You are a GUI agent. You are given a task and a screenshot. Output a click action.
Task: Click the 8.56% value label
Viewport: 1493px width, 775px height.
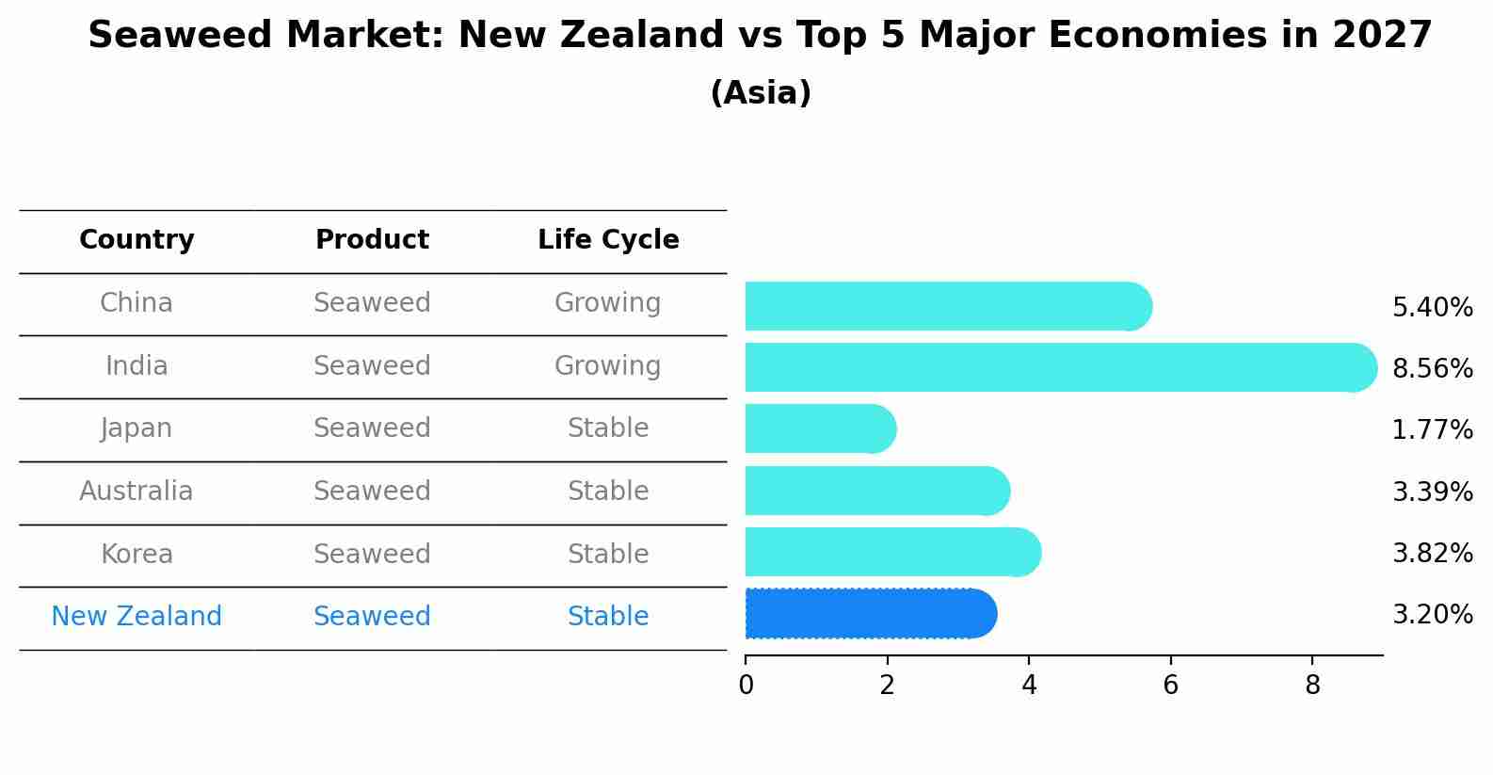[1432, 368]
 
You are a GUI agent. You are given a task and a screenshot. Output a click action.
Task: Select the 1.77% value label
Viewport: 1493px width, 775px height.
[1432, 430]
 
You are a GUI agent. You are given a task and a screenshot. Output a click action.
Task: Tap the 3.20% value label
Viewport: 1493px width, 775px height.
[1432, 615]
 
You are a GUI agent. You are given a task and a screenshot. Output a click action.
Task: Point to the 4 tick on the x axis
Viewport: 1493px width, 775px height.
[1029, 686]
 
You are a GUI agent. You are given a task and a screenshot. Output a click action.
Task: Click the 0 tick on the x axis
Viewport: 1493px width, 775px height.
[746, 686]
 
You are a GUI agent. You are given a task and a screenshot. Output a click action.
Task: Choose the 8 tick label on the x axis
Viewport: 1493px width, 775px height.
[1312, 686]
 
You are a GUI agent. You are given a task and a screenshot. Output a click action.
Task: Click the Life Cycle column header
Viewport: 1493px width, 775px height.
[608, 240]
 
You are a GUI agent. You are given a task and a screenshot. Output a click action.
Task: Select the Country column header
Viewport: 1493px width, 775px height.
[136, 240]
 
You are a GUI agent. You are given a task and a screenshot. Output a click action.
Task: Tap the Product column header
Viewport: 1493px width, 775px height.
[372, 240]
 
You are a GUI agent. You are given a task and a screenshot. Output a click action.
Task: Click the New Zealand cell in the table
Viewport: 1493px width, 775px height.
[136, 617]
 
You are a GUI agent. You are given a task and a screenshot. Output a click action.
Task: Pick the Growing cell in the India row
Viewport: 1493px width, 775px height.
[607, 365]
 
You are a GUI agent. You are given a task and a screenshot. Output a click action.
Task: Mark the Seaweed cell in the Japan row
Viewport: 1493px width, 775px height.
[372, 428]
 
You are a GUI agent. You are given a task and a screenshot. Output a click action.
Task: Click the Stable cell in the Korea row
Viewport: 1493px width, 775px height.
[607, 554]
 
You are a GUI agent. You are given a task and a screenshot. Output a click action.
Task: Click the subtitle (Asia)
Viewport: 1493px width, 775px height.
[761, 93]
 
